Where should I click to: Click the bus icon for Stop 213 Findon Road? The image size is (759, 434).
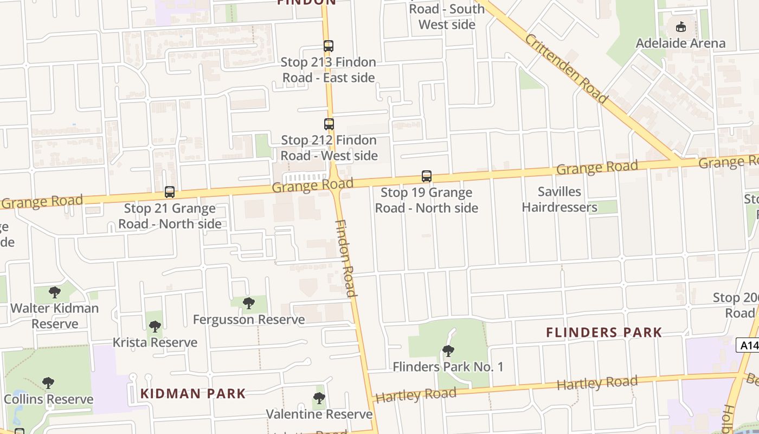[328, 46]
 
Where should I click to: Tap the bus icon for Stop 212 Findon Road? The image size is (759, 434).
[329, 124]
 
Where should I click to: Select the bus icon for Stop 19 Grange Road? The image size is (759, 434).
[427, 176]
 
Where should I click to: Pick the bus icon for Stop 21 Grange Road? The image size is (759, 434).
[170, 192]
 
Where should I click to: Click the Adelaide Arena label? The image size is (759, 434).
[680, 43]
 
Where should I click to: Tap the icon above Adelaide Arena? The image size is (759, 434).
[680, 26]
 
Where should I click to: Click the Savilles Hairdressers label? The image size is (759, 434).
[559, 199]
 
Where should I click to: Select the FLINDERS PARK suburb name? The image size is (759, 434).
[604, 333]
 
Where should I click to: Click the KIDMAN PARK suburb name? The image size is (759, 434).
[193, 393]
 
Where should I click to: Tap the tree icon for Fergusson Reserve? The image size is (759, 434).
[249, 303]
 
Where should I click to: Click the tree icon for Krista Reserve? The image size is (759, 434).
[155, 327]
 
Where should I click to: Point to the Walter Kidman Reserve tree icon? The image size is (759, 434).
[55, 292]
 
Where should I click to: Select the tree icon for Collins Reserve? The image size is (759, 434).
[48, 383]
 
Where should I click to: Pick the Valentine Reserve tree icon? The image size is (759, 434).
[319, 398]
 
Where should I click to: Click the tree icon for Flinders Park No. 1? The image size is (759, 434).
[448, 351]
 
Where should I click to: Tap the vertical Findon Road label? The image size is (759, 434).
[345, 258]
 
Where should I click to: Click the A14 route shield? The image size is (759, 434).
[748, 345]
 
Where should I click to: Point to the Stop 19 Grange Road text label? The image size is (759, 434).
[427, 200]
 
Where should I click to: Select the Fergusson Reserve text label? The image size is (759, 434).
[249, 320]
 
